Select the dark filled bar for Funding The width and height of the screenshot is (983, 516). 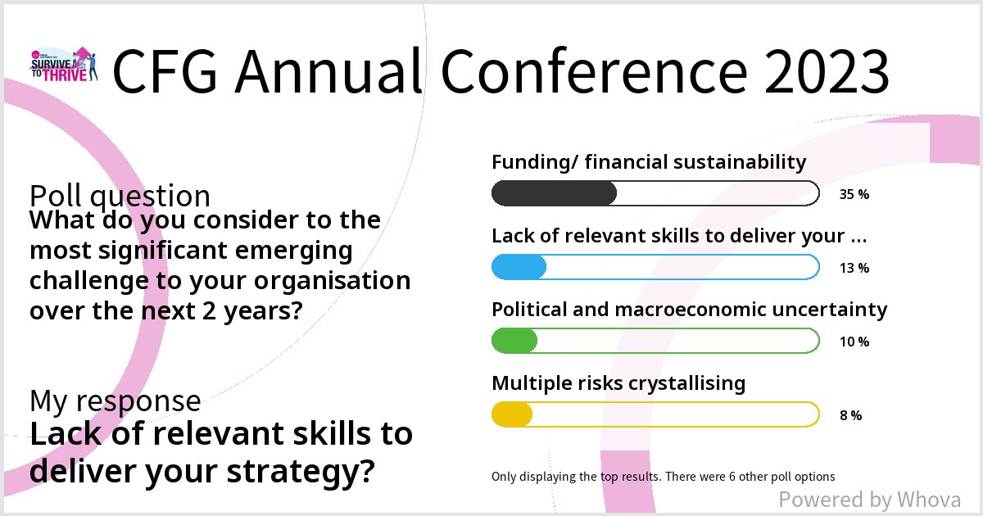[554, 193]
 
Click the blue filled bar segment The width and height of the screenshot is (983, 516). [519, 267]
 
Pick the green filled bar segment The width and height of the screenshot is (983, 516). [514, 341]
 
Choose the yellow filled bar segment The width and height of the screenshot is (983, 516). [512, 414]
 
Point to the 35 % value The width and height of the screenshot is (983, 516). [854, 194]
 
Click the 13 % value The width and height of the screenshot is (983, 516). [854, 268]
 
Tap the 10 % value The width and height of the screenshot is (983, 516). [854, 342]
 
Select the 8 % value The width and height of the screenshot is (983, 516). [850, 415]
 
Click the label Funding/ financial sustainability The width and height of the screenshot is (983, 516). [649, 162]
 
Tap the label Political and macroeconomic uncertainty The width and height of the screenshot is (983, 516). [689, 310]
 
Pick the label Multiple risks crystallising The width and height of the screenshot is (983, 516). [618, 383]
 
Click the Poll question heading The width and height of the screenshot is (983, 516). [120, 197]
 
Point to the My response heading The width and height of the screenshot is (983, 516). [115, 401]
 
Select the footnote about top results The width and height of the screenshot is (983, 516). [663, 476]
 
